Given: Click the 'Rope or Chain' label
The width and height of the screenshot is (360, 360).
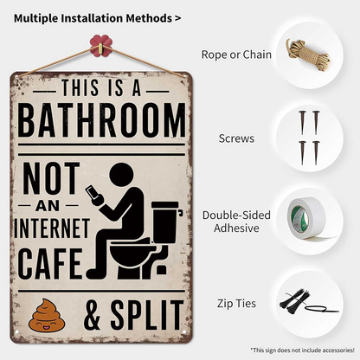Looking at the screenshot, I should point(236,55).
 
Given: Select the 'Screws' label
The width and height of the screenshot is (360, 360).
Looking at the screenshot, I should point(237,138).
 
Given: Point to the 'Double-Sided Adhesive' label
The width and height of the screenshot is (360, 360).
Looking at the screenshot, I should point(235,222).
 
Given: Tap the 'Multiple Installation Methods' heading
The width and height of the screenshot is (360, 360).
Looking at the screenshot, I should point(97,17).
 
